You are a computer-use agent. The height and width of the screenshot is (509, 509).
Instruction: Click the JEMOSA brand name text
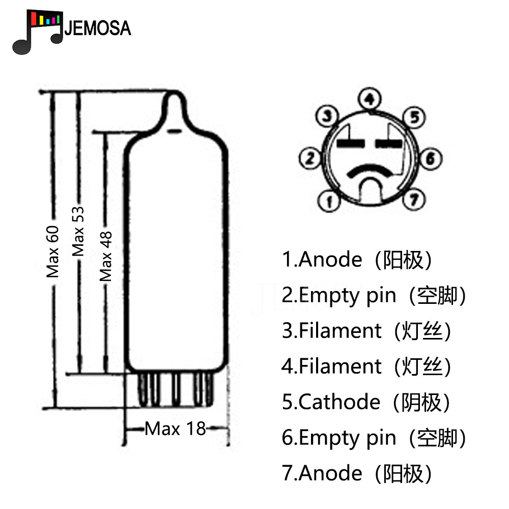(98, 28)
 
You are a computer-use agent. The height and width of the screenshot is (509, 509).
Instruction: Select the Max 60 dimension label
(52, 252)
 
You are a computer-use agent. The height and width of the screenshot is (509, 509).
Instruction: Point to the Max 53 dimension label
(78, 232)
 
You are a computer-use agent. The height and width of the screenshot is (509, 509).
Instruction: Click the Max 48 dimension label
(106, 257)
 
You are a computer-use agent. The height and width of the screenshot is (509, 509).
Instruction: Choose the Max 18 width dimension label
(175, 429)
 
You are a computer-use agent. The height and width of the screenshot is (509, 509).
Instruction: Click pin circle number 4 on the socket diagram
(370, 99)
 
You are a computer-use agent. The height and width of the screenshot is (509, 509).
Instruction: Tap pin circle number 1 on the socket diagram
(329, 201)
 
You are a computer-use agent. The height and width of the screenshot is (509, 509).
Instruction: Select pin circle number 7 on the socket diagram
(414, 199)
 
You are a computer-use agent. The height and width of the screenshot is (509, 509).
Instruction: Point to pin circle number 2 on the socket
(310, 158)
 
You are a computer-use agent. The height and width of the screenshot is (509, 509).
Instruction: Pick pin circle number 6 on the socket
(431, 158)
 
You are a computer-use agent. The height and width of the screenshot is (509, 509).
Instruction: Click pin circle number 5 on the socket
(414, 117)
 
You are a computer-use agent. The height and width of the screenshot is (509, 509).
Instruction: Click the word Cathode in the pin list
(339, 402)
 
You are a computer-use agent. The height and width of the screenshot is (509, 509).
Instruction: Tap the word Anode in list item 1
(330, 260)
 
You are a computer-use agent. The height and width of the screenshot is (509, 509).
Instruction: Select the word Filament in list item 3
(340, 331)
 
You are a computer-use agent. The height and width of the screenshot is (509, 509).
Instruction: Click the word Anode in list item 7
(330, 473)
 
